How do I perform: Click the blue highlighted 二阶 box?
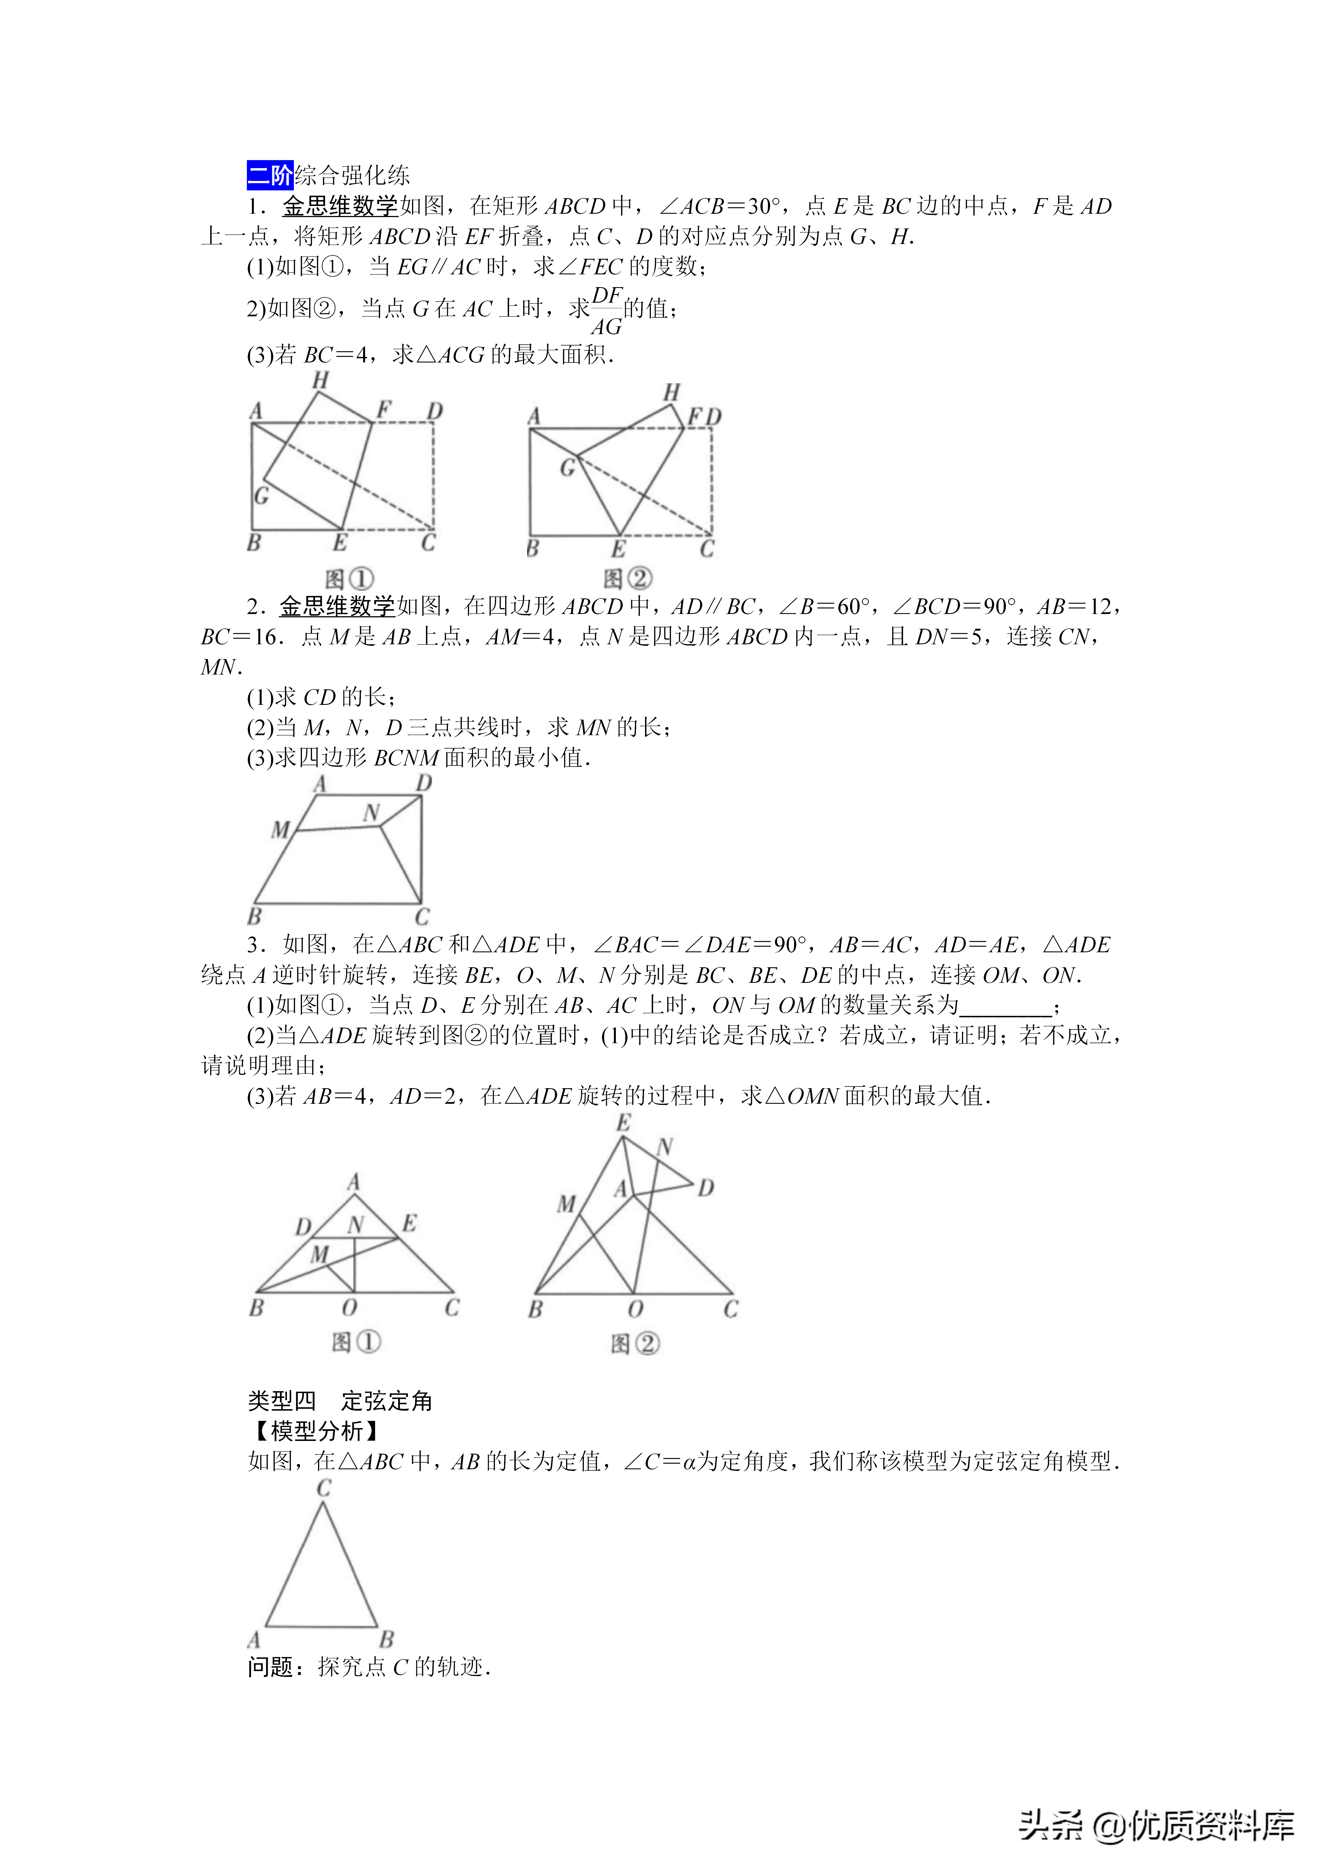(x=269, y=175)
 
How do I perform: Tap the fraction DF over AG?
(x=606, y=311)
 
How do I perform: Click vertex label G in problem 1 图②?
(x=568, y=467)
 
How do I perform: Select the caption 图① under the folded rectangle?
(x=349, y=579)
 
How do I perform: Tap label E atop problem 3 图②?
(x=623, y=1123)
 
